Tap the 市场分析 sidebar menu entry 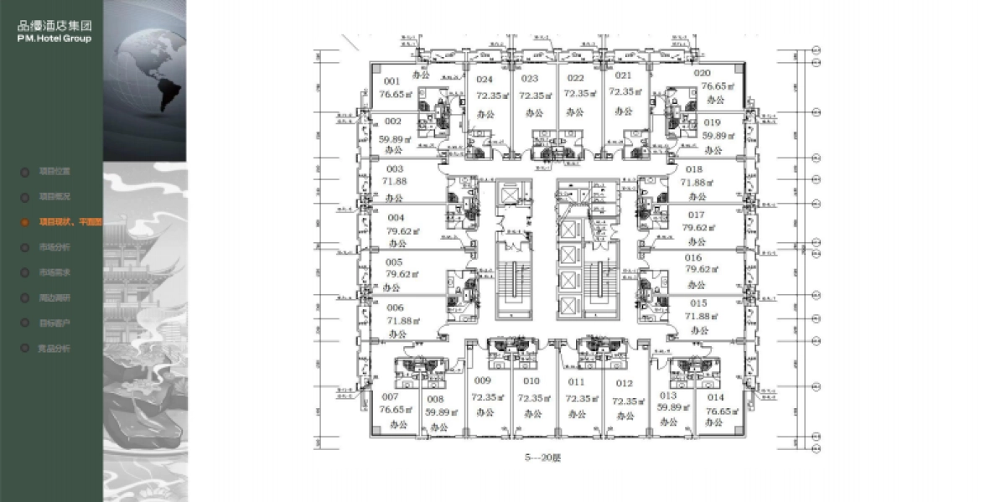54,247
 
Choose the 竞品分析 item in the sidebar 54,348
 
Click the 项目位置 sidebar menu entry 54,172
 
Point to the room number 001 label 392,81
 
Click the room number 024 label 484,80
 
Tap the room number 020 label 702,73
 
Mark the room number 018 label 694,169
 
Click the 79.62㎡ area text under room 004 402,230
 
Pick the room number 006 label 395,308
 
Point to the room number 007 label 389,396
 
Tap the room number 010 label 531,381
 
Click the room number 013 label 668,395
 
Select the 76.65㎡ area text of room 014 719,411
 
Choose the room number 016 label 693,258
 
